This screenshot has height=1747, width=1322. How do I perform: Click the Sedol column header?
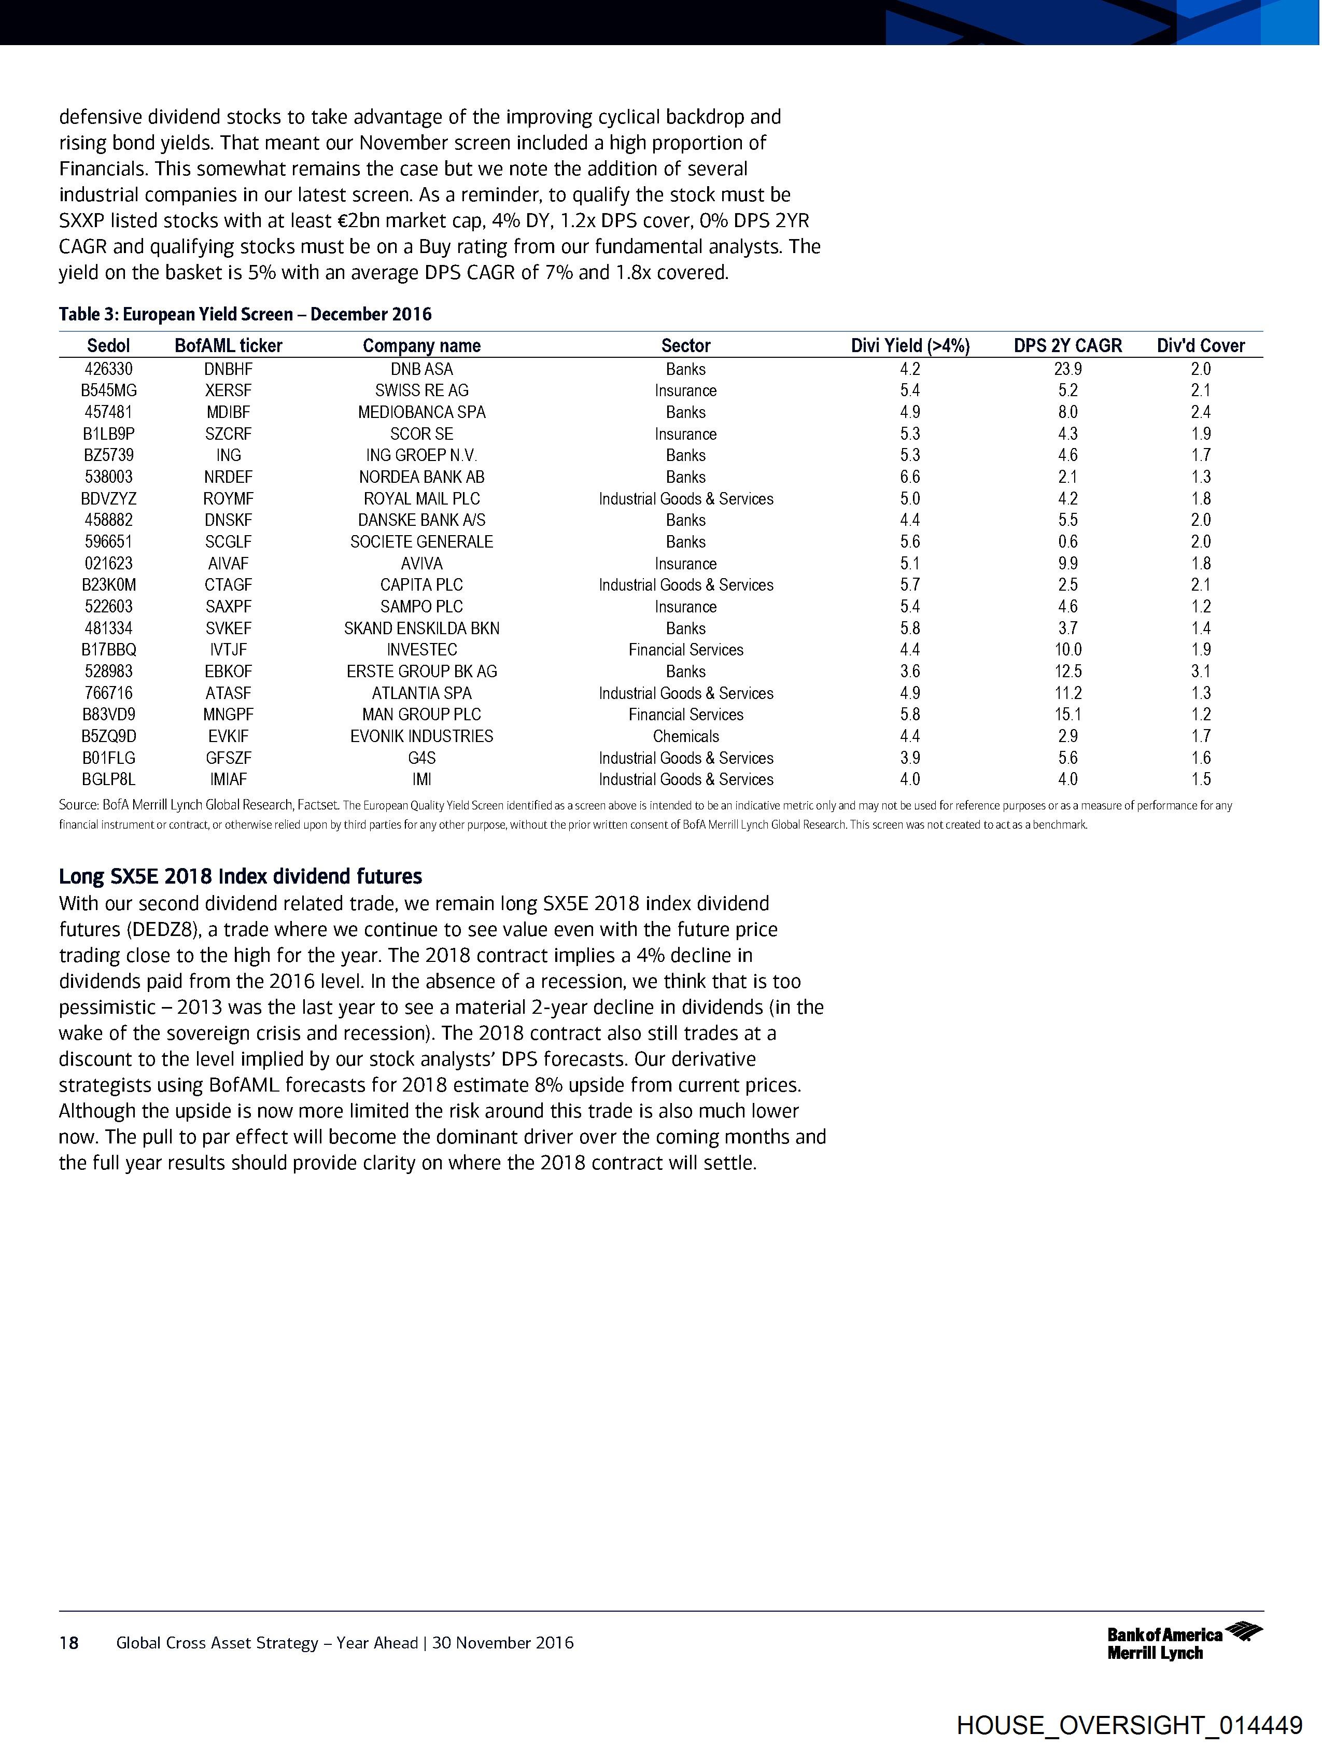coord(108,345)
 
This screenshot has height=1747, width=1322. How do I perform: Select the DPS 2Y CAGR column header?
coord(1067,345)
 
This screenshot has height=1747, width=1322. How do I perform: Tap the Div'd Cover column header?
coord(1200,345)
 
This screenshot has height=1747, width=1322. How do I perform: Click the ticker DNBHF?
coord(228,369)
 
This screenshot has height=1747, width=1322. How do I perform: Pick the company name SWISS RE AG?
coord(421,390)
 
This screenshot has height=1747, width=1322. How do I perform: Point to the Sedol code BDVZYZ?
coord(108,498)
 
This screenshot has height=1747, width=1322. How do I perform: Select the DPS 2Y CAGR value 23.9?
coord(1067,369)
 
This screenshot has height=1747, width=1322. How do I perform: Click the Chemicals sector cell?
coord(685,736)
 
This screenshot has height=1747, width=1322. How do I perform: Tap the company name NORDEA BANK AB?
coord(421,477)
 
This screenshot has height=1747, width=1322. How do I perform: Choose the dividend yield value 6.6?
coord(910,477)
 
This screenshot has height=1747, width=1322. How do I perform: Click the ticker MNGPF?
coord(228,715)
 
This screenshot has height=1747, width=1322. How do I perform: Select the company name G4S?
coord(421,758)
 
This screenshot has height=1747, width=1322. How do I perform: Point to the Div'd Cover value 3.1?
coord(1200,672)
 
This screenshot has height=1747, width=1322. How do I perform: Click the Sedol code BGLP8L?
coord(108,779)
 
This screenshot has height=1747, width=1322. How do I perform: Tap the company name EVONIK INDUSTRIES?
coord(421,736)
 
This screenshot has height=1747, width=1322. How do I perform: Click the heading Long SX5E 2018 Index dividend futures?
coord(240,877)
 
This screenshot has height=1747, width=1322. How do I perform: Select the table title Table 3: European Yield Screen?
coord(245,314)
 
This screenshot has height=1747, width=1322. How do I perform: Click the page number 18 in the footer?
coord(69,1643)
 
